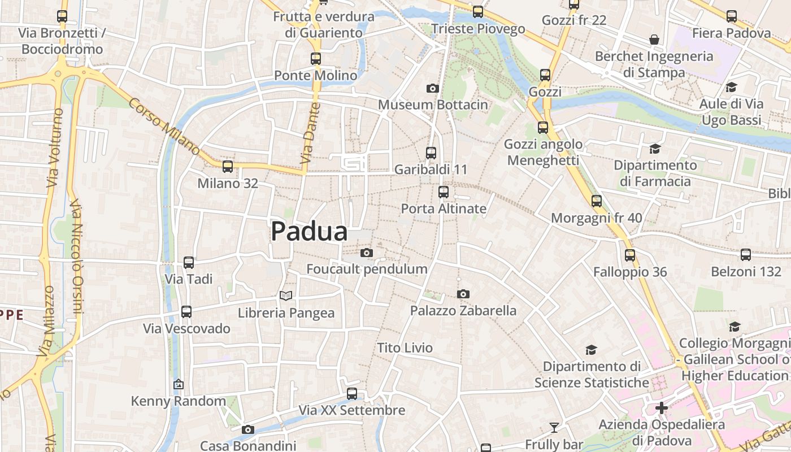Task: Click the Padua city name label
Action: coord(309,232)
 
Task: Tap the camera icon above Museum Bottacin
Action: coord(432,88)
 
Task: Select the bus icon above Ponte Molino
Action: coord(316,58)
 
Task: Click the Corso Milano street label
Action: coord(164,127)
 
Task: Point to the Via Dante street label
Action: coord(312,133)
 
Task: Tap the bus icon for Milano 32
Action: coord(228,167)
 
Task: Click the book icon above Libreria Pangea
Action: coord(286,295)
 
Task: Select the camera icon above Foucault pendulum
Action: coord(367,253)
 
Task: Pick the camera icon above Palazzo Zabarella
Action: coord(463,294)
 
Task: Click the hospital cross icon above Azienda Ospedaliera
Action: coord(662,407)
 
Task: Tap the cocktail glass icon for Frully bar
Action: coord(554,428)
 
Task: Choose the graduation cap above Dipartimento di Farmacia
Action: coord(655,149)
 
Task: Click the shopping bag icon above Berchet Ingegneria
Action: coord(654,40)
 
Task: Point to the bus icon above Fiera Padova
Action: coord(732,16)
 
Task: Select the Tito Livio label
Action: coord(405,347)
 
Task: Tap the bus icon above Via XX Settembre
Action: coord(352,393)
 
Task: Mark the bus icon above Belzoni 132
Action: coord(746,255)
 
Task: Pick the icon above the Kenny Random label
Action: coord(179,385)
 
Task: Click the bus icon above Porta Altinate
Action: coord(444,192)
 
